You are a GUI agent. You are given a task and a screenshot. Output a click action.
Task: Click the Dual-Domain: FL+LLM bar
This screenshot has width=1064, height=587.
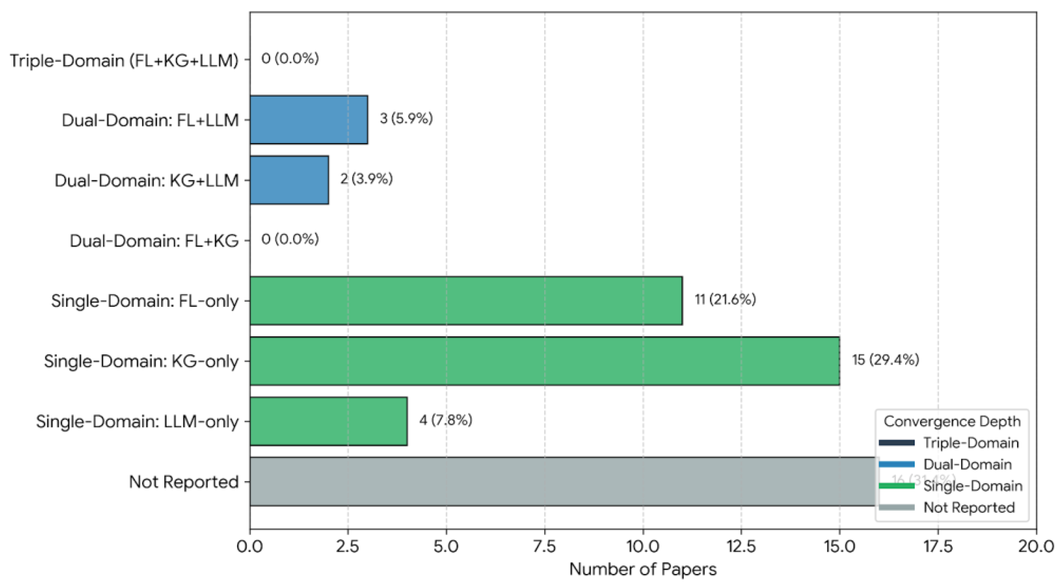click(x=308, y=120)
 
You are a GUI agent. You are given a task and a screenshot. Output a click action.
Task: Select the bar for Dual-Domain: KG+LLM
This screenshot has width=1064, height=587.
click(x=289, y=180)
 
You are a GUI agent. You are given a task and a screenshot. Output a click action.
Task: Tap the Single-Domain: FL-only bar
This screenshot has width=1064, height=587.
click(x=466, y=301)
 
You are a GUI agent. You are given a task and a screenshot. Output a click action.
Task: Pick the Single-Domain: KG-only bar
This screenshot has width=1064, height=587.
click(x=544, y=361)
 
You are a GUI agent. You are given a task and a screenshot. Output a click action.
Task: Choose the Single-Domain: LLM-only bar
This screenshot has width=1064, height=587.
click(x=329, y=421)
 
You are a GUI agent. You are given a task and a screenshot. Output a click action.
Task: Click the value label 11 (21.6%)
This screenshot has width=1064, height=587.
click(x=725, y=299)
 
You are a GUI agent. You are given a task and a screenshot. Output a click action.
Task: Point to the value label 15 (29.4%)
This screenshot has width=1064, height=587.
click(x=885, y=360)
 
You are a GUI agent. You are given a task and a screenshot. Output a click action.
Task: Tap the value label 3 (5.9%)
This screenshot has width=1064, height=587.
click(x=406, y=118)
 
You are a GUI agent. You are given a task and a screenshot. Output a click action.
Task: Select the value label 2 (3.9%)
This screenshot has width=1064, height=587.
click(x=367, y=179)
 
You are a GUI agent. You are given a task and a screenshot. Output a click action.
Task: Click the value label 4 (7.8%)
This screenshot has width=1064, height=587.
click(x=446, y=420)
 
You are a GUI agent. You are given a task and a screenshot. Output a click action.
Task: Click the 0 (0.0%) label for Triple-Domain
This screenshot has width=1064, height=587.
click(x=290, y=59)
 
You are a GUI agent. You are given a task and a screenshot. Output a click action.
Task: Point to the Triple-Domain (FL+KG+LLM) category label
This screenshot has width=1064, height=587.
click(x=124, y=61)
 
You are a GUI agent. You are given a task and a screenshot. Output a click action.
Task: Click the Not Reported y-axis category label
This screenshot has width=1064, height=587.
click(x=184, y=482)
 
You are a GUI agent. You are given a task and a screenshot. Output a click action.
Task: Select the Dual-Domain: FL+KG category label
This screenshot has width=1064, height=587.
click(x=154, y=241)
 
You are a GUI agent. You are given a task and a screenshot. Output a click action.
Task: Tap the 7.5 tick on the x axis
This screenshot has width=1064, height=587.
click(x=544, y=546)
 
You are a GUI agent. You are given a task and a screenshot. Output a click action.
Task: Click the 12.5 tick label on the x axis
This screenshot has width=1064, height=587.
click(x=741, y=546)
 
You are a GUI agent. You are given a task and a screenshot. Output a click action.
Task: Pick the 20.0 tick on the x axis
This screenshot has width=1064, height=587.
click(x=1036, y=546)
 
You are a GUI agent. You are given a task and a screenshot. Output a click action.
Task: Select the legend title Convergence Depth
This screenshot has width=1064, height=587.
click(x=952, y=421)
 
